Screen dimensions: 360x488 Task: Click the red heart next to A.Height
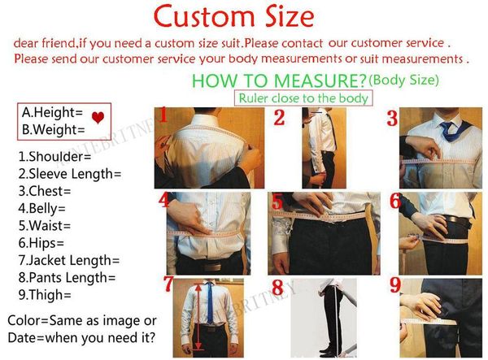98,119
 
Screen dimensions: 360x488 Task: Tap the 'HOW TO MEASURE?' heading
278,80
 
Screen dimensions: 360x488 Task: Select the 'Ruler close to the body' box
303,98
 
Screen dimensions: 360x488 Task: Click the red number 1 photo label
163,115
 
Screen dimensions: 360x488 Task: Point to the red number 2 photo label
279,118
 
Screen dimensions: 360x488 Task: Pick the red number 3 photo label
392,119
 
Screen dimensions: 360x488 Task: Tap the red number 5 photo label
277,201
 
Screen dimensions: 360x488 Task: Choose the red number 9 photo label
394,285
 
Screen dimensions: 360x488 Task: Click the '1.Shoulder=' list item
54,156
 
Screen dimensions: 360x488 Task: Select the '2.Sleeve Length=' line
69,173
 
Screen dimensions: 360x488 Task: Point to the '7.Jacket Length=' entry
68,260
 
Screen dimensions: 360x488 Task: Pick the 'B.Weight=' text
54,128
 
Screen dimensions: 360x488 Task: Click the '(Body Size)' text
403,80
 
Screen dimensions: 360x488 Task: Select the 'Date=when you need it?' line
81,337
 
